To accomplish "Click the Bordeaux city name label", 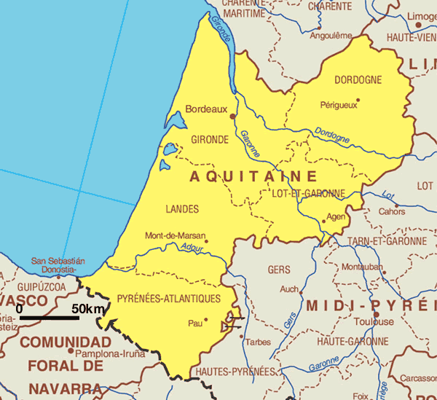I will [207, 109].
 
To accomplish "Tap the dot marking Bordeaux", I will [233, 115].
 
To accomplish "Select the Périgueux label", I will [339, 105].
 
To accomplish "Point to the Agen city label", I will [336, 217].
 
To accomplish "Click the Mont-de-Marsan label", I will [174, 236].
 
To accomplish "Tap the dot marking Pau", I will [206, 319].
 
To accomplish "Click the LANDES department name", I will [182, 210].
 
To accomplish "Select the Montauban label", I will [362, 267].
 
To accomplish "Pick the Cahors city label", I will [392, 212].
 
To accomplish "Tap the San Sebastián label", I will [58, 261].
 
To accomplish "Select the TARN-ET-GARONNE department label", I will [387, 241].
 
